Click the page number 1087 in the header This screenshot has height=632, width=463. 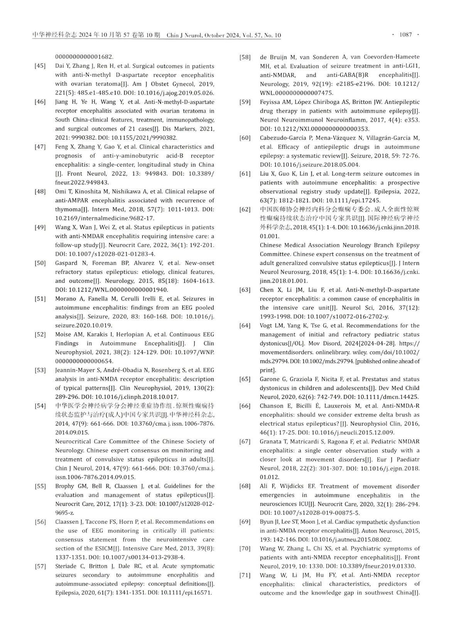(x=406, y=35)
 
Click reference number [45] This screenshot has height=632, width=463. (x=40, y=66)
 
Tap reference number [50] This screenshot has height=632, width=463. (x=40, y=263)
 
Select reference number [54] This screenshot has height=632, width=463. (x=40, y=406)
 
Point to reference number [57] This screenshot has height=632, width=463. (x=40, y=566)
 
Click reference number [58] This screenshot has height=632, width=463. (x=245, y=57)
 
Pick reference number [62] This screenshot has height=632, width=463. (x=245, y=209)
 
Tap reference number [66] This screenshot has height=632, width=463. (x=245, y=406)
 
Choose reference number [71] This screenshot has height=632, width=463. (x=245, y=575)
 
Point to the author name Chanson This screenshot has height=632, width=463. (x=272, y=406)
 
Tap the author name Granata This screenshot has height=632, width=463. (x=271, y=442)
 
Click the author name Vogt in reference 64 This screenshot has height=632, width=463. (x=267, y=326)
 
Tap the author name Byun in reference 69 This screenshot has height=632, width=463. (x=267, y=522)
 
